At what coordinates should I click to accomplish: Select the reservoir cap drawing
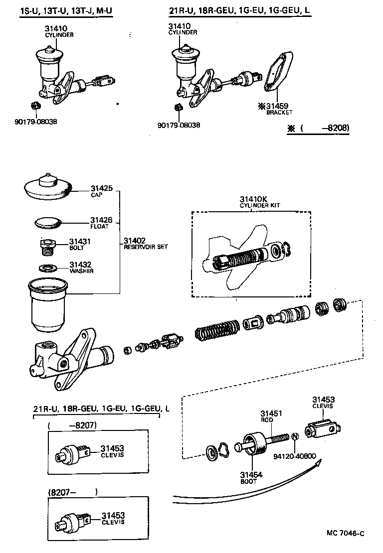[x=47, y=186]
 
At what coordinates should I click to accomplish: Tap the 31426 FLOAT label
[x=101, y=222]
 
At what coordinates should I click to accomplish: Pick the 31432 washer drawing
[x=47, y=268]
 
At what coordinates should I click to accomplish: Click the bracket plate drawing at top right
[x=277, y=72]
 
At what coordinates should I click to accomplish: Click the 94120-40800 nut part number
[x=295, y=456]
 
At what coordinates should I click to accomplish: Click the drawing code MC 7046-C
[x=346, y=534]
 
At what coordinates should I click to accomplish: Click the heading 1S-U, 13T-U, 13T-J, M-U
[x=59, y=10]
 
